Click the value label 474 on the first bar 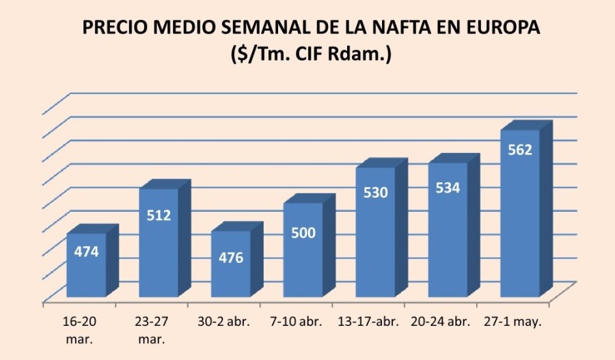(87, 251)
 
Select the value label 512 (159, 215)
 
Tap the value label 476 (231, 258)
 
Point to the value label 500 (303, 233)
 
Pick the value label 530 (376, 193)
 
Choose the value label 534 (448, 187)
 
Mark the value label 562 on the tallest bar (520, 150)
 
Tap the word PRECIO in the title (114, 28)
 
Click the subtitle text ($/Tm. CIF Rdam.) (311, 55)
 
